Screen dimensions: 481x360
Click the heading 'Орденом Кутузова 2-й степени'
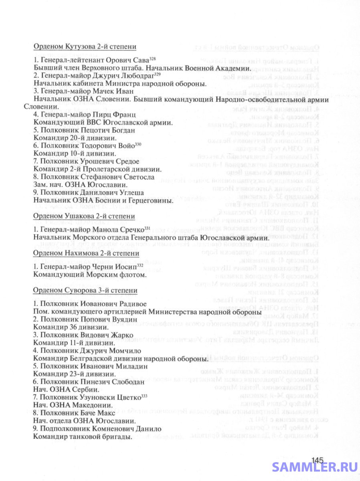pyautogui.click(x=85, y=46)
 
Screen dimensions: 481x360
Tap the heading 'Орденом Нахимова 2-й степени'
pyautogui.click(x=86, y=253)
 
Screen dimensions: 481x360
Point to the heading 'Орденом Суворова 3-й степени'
pyautogui.click(x=85, y=290)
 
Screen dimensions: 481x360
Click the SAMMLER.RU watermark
pyautogui.click(x=315, y=467)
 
